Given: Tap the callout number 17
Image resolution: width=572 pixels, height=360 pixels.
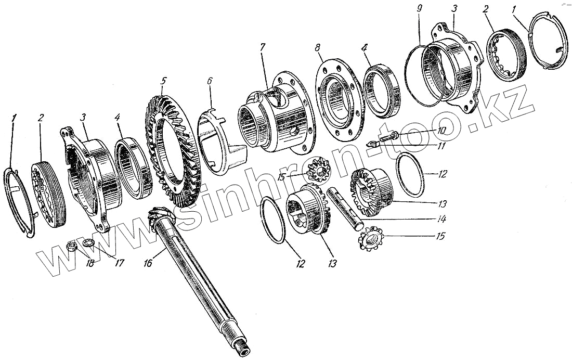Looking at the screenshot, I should (121, 263).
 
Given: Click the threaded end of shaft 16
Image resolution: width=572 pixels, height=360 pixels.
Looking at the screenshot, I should (243, 345).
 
